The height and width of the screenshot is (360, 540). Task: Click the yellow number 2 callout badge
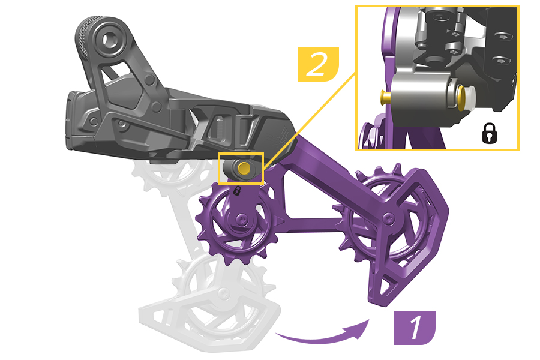(318, 64)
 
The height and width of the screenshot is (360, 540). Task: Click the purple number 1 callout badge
(415, 328)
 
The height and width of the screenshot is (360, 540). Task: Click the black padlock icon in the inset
(490, 133)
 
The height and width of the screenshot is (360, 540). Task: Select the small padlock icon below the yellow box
(237, 191)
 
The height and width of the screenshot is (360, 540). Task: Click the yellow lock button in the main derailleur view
(245, 168)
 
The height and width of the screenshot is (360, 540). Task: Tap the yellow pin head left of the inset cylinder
(385, 97)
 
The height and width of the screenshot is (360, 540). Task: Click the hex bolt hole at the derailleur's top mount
(111, 41)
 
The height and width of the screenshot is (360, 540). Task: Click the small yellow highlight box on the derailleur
(241, 169)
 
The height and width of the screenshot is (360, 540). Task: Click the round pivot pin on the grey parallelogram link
(150, 80)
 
